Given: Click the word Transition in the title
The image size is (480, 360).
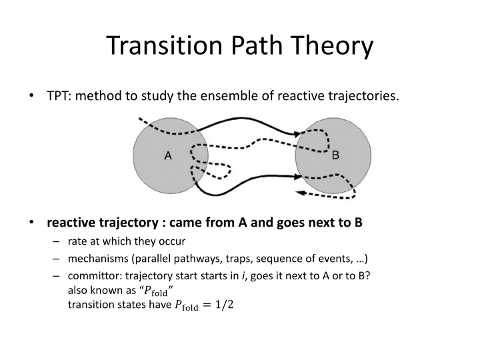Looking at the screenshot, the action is (x=165, y=45).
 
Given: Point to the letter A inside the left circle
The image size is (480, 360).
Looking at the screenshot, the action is (x=168, y=156).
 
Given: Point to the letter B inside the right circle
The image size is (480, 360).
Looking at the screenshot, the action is (x=335, y=155).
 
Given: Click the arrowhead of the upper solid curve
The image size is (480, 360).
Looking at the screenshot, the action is (x=297, y=134).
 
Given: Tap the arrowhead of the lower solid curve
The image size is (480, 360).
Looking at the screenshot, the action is (x=298, y=176).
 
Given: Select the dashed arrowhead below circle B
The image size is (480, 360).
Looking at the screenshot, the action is (x=300, y=193).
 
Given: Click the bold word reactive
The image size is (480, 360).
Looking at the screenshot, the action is (x=71, y=223).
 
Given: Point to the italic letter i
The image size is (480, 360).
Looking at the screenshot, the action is (x=243, y=276).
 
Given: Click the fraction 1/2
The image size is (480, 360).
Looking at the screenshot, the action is (x=225, y=305).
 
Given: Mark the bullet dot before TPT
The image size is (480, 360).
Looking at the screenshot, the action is (x=31, y=96).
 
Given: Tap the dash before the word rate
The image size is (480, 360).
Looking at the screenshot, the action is (x=56, y=241).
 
